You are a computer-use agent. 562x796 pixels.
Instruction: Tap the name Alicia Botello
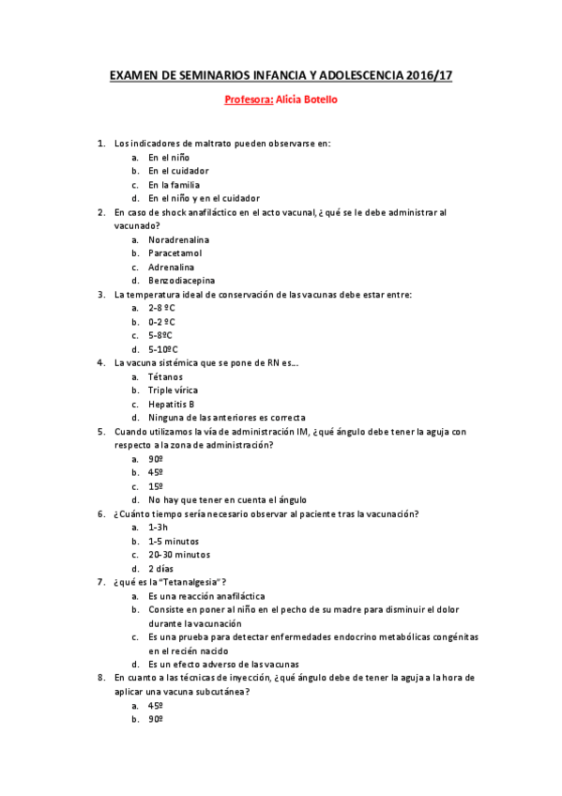click(304, 99)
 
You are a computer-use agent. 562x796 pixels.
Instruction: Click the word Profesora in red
click(247, 99)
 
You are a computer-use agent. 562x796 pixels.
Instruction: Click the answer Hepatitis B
click(172, 404)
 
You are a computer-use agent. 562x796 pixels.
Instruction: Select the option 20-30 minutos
click(179, 555)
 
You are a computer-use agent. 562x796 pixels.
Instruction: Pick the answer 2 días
click(162, 568)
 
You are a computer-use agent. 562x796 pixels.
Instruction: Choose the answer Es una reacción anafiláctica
click(206, 596)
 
